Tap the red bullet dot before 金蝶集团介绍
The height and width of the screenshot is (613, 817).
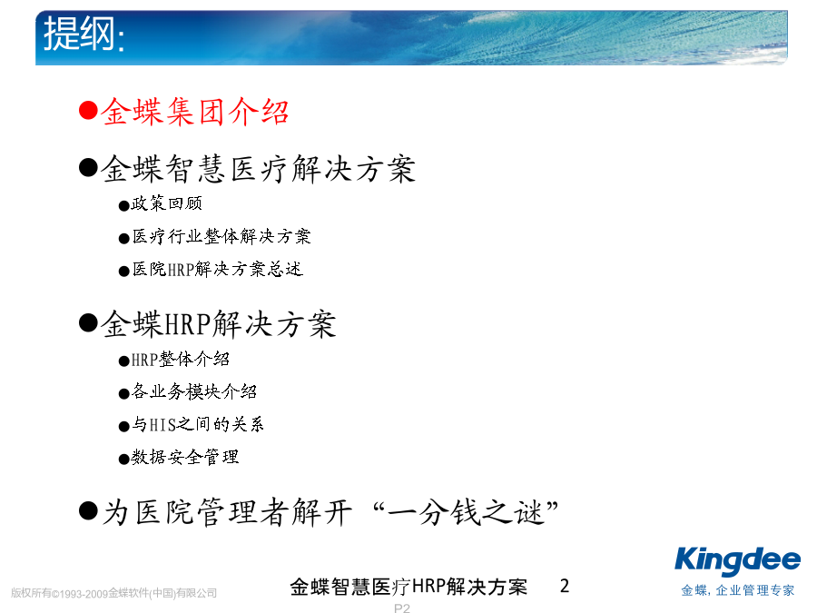[89, 111]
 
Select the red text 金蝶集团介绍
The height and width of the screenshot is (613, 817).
[195, 112]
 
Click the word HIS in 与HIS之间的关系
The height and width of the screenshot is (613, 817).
[163, 425]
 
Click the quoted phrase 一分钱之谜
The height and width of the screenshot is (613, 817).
[467, 512]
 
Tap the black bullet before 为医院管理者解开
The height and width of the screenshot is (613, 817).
[89, 510]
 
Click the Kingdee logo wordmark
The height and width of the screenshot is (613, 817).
[737, 561]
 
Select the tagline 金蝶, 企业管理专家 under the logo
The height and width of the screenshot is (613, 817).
[738, 590]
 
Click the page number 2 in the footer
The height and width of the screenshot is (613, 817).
[565, 586]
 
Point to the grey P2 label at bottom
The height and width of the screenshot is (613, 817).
[402, 608]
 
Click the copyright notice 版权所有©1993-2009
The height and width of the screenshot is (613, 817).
[59, 593]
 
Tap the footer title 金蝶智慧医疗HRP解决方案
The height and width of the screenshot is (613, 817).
[408, 587]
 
